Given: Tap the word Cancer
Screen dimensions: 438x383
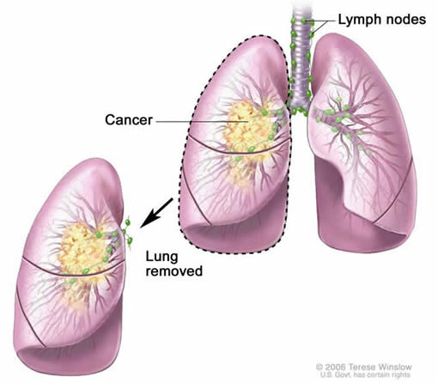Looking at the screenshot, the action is (129, 119).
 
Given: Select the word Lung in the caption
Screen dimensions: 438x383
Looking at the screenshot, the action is (161, 258).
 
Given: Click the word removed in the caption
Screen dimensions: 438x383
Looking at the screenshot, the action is (174, 271).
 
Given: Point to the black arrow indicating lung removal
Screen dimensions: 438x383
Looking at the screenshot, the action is (156, 213).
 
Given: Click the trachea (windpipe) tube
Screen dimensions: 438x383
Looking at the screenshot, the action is (300, 58).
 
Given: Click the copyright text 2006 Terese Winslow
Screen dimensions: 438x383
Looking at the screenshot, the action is (364, 368).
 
